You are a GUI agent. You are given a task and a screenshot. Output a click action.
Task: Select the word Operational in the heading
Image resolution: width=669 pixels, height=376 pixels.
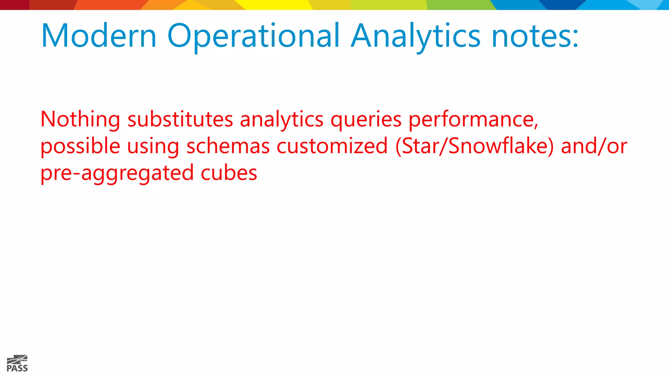coord(253,37)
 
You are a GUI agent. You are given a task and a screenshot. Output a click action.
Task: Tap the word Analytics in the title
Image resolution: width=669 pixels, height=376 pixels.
coord(416,37)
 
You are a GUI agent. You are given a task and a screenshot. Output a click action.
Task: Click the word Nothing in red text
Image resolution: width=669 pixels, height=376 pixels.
coord(80,119)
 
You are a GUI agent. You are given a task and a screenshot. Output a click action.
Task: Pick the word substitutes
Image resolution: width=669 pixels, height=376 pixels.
coord(180,119)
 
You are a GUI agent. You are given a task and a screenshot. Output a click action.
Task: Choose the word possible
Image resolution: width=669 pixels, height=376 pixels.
coord(80,147)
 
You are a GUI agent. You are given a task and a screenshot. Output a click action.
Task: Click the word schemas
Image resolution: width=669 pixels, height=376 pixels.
coord(228,146)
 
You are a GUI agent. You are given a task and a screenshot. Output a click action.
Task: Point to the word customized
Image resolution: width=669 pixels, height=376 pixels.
coord(332,146)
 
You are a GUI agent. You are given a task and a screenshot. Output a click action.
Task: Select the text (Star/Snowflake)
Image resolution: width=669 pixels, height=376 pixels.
coord(475,146)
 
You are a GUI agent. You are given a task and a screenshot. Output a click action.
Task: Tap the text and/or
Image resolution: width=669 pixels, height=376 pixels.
coord(594,146)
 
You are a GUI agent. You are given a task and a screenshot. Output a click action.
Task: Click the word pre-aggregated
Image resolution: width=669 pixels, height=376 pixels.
coord(117,173)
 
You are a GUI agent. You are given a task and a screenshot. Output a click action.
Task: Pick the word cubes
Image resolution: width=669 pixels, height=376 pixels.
coord(229,173)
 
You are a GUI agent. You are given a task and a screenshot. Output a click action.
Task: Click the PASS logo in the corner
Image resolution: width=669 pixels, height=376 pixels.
coord(17,364)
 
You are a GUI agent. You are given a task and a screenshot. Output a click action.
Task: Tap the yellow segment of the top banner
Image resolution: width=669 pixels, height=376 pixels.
coord(278,5)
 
